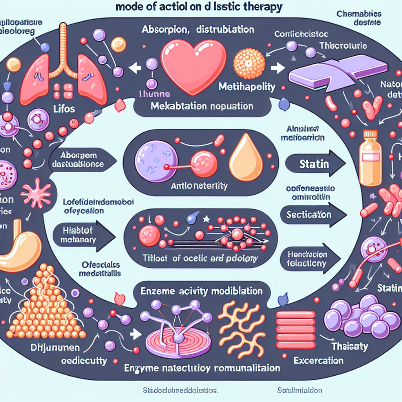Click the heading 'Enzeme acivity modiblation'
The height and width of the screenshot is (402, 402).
click(201, 291)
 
